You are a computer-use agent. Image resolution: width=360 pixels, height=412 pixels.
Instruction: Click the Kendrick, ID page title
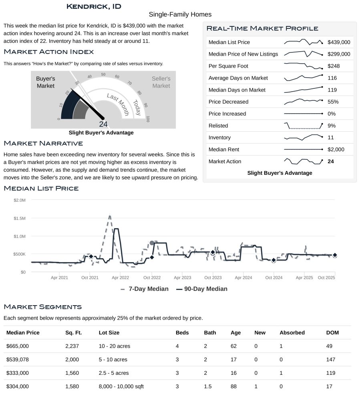tap(94, 6)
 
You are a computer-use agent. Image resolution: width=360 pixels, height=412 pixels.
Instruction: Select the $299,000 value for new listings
tap(338, 54)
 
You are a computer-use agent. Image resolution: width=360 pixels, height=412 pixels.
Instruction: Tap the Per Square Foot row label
tap(228, 66)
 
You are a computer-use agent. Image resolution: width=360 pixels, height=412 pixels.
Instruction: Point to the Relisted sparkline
tap(303, 126)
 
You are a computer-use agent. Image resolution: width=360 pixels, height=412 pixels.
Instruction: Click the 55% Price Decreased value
tap(333, 102)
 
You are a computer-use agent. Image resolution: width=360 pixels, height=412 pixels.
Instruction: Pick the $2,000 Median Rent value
tap(336, 150)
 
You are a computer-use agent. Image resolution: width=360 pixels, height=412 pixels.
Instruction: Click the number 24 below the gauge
tap(103, 124)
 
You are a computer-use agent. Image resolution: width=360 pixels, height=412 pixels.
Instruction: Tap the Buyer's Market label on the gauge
tap(46, 82)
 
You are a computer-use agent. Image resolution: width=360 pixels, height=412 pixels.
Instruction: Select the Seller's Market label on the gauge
tap(161, 82)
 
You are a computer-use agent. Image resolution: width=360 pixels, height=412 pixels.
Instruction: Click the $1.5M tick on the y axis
tap(20, 218)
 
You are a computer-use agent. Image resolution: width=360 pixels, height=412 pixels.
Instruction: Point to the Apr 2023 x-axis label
tap(183, 278)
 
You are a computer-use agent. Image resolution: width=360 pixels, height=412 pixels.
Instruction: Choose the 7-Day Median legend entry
tap(144, 289)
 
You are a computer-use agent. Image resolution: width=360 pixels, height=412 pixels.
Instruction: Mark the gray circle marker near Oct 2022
tap(152, 243)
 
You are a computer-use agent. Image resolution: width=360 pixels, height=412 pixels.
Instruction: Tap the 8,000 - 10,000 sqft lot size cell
tap(121, 386)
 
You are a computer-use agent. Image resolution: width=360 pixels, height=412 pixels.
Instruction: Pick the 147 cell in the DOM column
tap(331, 360)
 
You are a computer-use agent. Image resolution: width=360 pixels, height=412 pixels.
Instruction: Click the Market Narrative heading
tap(43, 143)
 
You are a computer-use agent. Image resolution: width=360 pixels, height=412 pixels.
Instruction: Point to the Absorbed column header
tap(292, 333)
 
